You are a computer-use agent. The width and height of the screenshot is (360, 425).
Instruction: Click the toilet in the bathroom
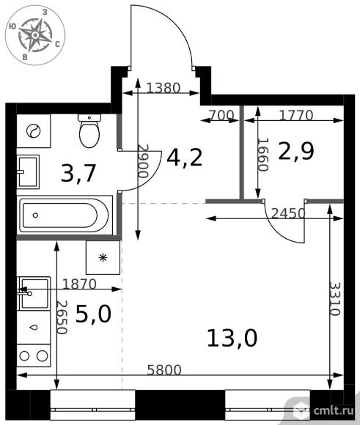(89, 130)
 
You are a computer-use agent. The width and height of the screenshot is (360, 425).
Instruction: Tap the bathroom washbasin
(28, 172)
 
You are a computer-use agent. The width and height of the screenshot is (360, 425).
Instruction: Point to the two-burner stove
(34, 355)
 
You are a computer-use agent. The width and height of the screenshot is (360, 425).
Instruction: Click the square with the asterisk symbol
(103, 257)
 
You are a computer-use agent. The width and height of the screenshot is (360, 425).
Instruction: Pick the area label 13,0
(232, 338)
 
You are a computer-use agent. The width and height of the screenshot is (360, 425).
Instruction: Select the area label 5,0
(93, 314)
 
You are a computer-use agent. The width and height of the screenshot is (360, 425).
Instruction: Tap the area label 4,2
(185, 158)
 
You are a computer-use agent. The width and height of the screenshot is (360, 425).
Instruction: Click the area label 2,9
(296, 151)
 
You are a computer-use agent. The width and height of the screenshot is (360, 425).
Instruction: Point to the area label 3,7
(78, 173)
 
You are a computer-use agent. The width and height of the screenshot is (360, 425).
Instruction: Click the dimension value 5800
(164, 370)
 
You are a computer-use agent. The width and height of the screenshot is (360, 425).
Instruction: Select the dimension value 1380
(164, 88)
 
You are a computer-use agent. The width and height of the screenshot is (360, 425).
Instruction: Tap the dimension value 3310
(335, 299)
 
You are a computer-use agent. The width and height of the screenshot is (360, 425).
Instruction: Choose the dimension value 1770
(296, 116)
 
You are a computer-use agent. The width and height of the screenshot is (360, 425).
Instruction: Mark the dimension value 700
(221, 116)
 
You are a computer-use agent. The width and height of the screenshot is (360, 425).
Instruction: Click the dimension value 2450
(288, 213)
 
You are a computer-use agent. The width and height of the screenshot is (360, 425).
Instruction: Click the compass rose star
(35, 35)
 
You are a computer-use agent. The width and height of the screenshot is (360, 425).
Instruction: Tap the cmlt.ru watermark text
(334, 410)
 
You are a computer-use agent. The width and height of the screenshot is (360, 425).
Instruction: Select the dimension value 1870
(79, 284)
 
